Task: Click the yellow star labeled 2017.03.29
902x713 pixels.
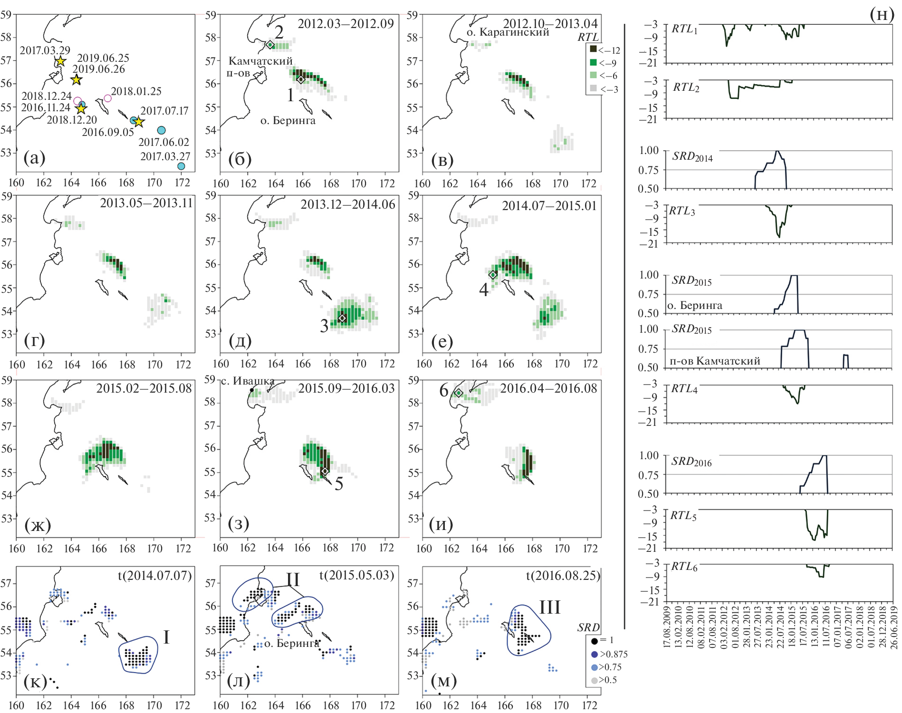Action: click(60, 61)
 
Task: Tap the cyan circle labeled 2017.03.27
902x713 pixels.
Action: click(181, 166)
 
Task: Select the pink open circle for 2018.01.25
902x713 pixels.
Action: click(107, 98)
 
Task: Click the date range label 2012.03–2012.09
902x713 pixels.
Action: click(345, 24)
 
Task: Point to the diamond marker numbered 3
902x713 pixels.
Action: click(342, 318)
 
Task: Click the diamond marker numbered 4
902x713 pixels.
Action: click(493, 275)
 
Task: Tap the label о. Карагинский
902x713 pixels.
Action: click(508, 32)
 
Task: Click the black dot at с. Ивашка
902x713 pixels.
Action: click(251, 390)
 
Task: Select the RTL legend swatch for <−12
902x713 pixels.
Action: click(593, 49)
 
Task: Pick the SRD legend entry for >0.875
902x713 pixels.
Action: click(594, 654)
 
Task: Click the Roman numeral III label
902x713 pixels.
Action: click(549, 607)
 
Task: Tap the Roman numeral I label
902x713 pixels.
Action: click(166, 637)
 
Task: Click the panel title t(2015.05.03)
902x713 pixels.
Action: click(356, 575)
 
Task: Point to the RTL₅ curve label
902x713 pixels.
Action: click(683, 515)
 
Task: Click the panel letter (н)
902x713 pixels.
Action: click(882, 14)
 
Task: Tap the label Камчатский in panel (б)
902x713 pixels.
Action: click(260, 61)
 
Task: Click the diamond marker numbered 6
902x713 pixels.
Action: click(459, 393)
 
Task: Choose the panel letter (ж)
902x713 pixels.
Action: click(38, 525)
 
